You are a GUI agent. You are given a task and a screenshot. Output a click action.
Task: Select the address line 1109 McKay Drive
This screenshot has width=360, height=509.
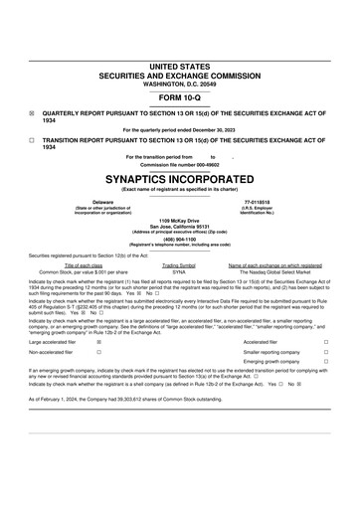[x=180, y=220]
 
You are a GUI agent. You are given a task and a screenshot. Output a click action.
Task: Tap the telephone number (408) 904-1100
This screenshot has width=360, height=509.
[x=180, y=238]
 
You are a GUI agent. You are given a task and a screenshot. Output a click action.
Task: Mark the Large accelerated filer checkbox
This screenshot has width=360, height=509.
[x=98, y=341]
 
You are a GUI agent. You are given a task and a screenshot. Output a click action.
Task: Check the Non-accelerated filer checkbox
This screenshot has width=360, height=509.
[x=98, y=352]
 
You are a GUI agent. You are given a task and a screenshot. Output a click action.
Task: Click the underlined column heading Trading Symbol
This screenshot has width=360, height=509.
[x=179, y=265]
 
